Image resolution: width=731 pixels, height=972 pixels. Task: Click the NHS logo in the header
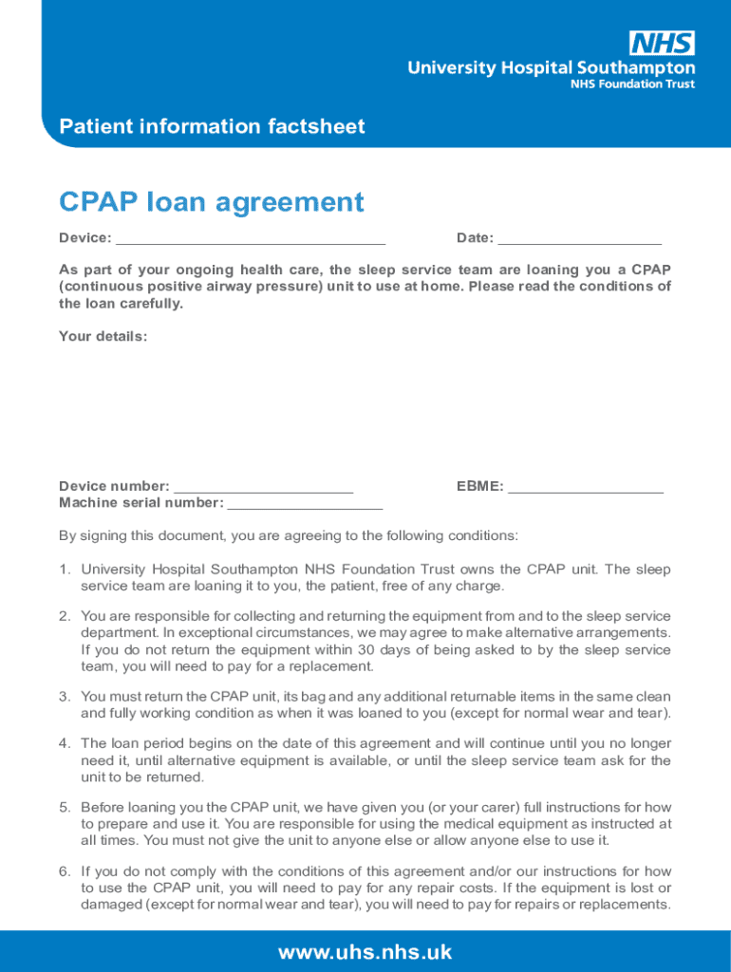tap(662, 43)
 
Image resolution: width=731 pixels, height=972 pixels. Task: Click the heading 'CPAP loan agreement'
tap(211, 202)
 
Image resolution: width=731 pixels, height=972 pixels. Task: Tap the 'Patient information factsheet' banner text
tap(212, 127)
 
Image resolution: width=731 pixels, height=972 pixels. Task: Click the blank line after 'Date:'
tap(579, 239)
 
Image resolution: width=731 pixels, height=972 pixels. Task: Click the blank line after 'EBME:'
tap(585, 488)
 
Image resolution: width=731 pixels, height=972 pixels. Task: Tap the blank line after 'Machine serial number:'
tap(305, 504)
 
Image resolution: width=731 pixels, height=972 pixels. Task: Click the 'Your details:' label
tap(103, 336)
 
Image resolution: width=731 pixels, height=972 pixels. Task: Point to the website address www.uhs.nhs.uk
tap(365, 952)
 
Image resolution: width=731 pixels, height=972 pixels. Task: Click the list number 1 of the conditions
tap(64, 570)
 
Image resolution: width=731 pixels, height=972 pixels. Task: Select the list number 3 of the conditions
tap(64, 697)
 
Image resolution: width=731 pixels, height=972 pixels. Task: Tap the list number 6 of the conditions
tap(64, 871)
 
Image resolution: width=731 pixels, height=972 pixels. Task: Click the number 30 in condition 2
tap(367, 650)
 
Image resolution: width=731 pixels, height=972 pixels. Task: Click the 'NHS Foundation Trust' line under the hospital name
tap(631, 84)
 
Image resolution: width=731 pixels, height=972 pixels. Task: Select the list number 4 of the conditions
tap(64, 743)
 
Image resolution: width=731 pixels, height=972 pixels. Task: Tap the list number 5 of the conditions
tap(64, 807)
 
